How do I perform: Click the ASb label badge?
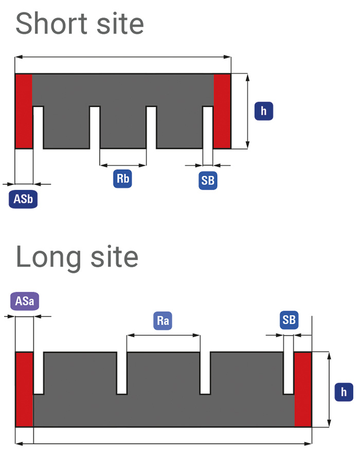click(x=23, y=199)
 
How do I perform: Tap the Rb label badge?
click(x=123, y=179)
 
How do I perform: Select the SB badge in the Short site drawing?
click(x=208, y=180)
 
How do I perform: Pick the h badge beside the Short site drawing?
click(x=264, y=111)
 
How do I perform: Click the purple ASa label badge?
click(x=25, y=301)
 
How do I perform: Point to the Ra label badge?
click(x=163, y=321)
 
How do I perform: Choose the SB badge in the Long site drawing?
click(x=289, y=320)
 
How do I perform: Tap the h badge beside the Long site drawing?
click(x=344, y=392)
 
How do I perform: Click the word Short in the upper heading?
click(x=51, y=24)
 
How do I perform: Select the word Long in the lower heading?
click(x=49, y=258)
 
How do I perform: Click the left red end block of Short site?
click(x=24, y=111)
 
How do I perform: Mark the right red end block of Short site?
click(x=222, y=111)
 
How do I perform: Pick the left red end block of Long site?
click(x=24, y=389)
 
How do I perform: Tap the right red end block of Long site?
click(x=303, y=389)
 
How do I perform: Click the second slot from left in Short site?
click(x=95, y=128)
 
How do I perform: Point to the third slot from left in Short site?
click(x=151, y=128)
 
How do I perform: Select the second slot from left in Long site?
click(x=121, y=373)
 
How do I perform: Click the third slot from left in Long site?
click(x=205, y=373)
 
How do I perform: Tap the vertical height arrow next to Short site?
click(x=247, y=111)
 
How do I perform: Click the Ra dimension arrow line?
click(x=163, y=335)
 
